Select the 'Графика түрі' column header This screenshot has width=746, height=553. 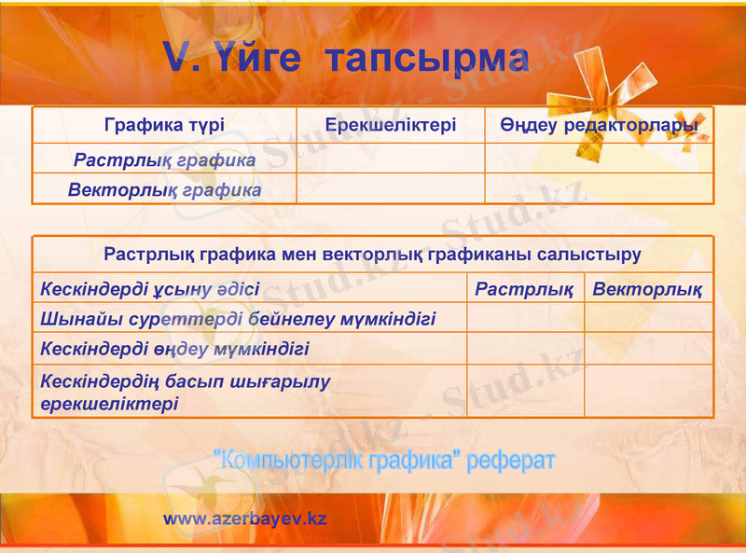click(164, 125)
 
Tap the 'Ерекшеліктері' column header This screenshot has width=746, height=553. click(391, 125)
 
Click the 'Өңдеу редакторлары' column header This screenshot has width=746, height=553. click(599, 125)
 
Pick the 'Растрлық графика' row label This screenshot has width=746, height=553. click(164, 160)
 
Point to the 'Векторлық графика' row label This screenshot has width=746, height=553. click(164, 190)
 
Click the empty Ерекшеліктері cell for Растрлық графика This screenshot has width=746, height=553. click(391, 159)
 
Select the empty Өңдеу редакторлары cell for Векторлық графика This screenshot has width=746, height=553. click(599, 189)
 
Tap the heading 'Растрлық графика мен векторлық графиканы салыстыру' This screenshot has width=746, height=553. click(372, 254)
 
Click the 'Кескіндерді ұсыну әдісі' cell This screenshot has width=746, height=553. click(150, 289)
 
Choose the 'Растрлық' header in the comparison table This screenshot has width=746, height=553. click(524, 289)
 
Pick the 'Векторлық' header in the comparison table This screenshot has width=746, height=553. click(648, 289)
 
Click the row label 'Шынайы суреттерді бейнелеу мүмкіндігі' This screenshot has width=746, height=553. click(238, 319)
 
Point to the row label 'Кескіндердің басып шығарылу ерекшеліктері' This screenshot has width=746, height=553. click(186, 393)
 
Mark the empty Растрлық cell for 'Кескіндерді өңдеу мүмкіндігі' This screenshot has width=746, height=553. click(525, 349)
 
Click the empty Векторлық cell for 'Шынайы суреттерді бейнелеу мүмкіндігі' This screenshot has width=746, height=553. click(648, 318)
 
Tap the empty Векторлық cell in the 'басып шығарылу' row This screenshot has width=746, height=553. click(648, 392)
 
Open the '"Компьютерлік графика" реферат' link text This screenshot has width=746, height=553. click(384, 460)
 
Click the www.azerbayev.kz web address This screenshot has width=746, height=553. click(245, 518)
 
